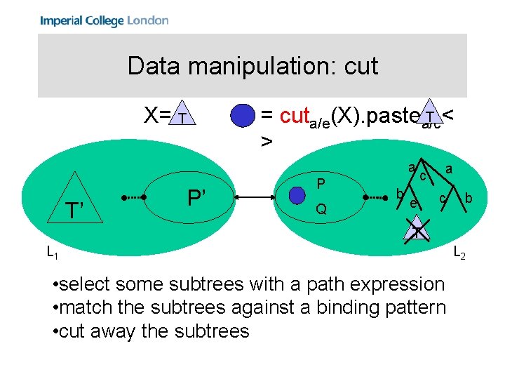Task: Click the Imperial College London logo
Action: (x=104, y=20)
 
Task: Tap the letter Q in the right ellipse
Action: (x=321, y=209)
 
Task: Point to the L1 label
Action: (x=52, y=251)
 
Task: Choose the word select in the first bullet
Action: (x=90, y=284)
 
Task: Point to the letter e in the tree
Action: (x=413, y=204)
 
